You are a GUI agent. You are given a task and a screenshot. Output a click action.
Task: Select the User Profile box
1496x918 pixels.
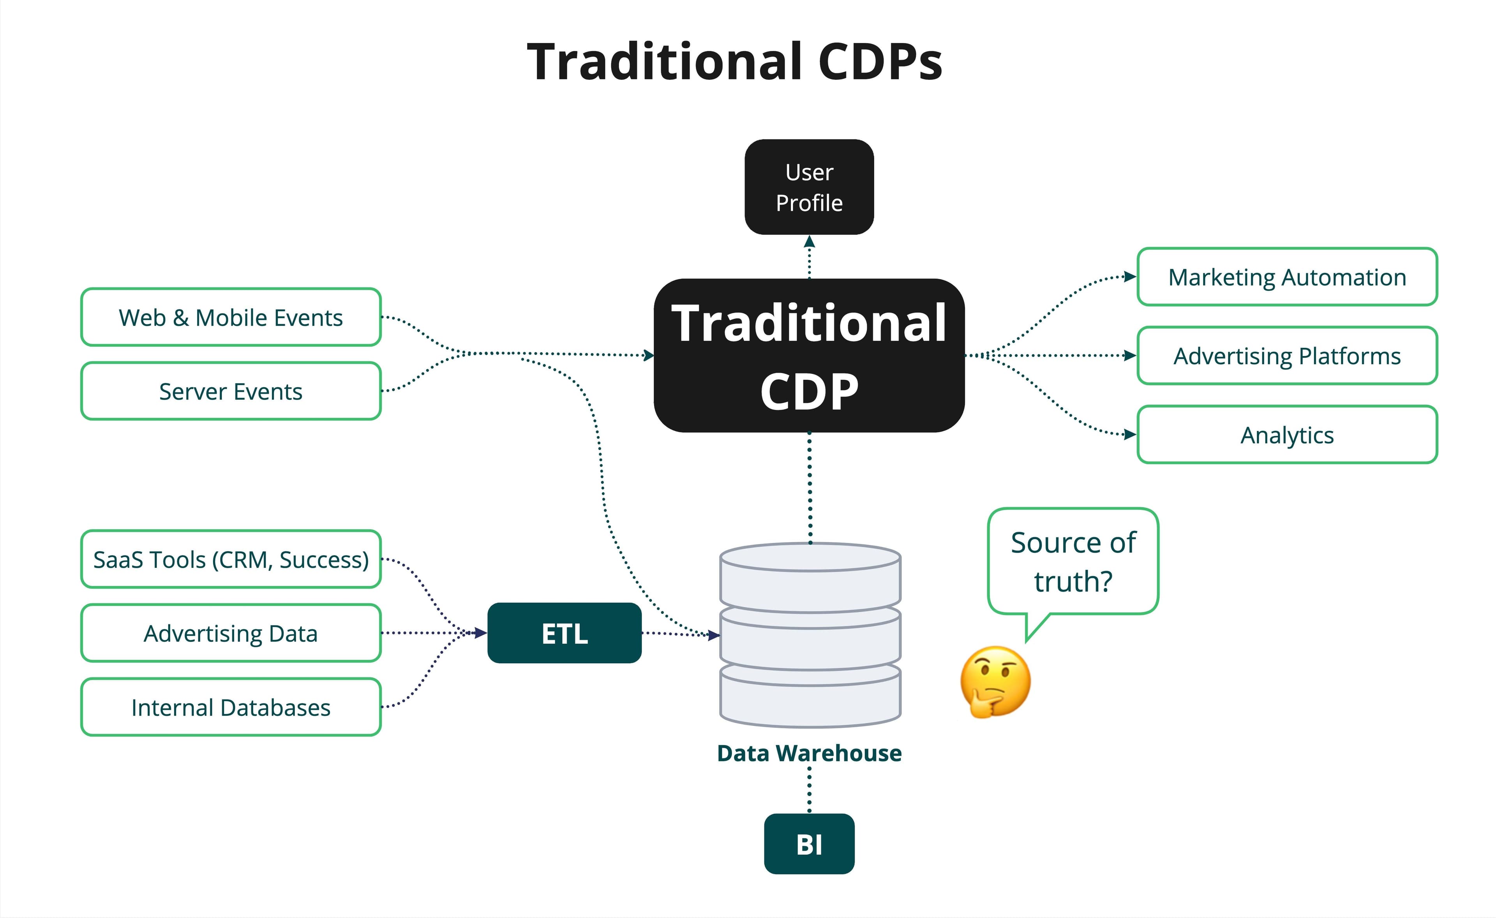(809, 187)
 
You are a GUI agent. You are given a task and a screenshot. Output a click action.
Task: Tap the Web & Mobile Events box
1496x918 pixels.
(231, 317)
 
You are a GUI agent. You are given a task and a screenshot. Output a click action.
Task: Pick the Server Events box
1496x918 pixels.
(231, 391)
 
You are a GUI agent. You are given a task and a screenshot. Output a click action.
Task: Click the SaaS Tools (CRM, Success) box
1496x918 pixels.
(231, 559)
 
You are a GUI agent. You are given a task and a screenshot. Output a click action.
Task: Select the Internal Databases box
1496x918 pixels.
(231, 707)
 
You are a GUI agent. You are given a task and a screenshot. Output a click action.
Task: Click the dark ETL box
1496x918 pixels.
(564, 633)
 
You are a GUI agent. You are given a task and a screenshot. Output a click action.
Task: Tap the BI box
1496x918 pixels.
(809, 844)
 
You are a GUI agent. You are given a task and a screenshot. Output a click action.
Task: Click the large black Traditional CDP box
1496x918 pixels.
(809, 356)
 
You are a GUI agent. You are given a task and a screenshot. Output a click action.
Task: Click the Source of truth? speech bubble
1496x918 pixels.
(1073, 562)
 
